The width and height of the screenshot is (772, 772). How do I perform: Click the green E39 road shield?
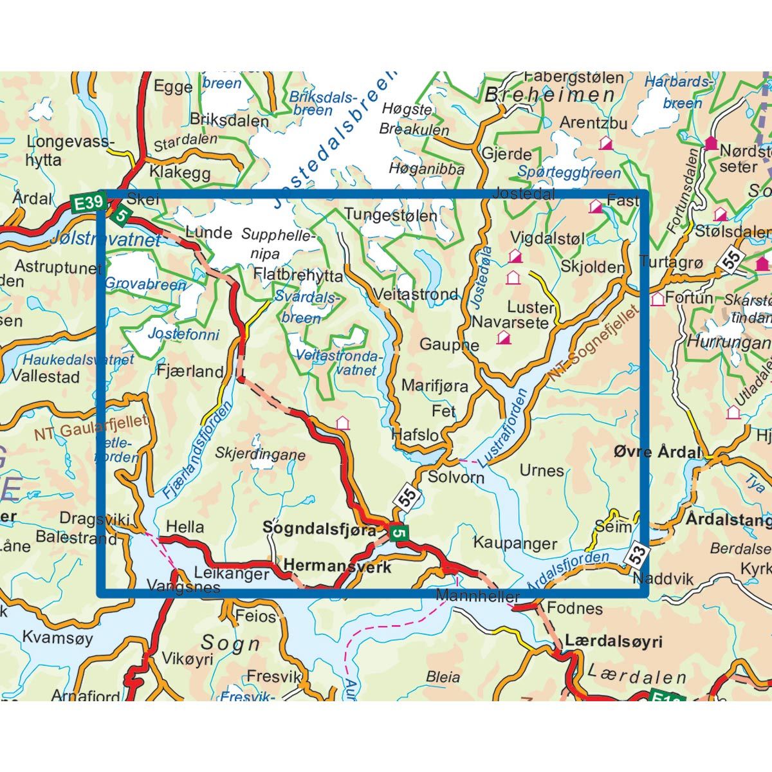pyautogui.click(x=87, y=204)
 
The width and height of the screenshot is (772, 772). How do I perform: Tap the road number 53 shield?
pyautogui.click(x=636, y=555)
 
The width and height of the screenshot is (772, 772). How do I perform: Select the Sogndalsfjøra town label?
pyautogui.click(x=320, y=529)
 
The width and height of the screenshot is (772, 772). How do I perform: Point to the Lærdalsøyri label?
pyautogui.click(x=613, y=641)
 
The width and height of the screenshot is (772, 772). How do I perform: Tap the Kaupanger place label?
pyautogui.click(x=515, y=544)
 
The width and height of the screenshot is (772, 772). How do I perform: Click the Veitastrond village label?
pyautogui.click(x=416, y=295)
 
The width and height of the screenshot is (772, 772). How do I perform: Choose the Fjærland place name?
pyautogui.click(x=190, y=371)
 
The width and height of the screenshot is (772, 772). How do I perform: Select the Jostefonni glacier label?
pyautogui.click(x=183, y=334)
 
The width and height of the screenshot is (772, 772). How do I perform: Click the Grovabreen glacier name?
pyautogui.click(x=145, y=283)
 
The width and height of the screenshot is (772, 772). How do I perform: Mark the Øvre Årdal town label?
pyautogui.click(x=657, y=452)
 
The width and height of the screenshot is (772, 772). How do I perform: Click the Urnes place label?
pyautogui.click(x=542, y=471)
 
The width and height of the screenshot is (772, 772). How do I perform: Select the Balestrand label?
pyautogui.click(x=77, y=537)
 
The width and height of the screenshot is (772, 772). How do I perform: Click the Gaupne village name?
pyautogui.click(x=449, y=345)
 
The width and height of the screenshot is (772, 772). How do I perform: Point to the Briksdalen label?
pyautogui.click(x=229, y=120)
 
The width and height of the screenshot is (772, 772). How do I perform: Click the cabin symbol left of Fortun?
pyautogui.click(x=657, y=299)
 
